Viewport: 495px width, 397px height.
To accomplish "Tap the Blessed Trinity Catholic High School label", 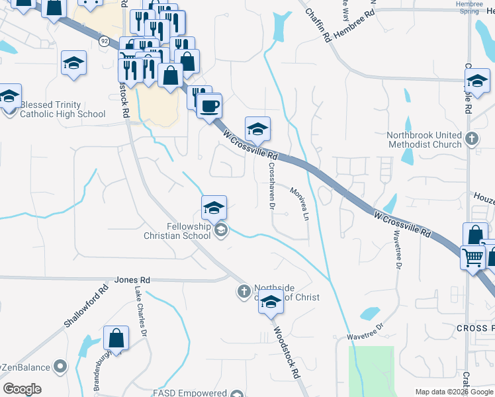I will click(x=63, y=109).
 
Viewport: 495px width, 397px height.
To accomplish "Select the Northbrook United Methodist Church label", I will click(x=424, y=140).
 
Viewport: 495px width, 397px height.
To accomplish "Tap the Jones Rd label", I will click(x=132, y=281).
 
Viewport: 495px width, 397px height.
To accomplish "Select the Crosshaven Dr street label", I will click(x=271, y=186).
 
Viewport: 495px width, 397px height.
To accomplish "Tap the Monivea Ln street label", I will click(x=300, y=203).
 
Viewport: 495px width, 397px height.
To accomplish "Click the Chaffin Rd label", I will click(x=318, y=26).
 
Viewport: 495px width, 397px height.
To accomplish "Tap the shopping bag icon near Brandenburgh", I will click(x=116, y=337).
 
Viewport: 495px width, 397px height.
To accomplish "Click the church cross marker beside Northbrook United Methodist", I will click(x=471, y=139).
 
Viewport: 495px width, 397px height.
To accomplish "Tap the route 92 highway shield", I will click(x=105, y=41).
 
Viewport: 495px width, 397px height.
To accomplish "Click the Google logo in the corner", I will click(x=22, y=389).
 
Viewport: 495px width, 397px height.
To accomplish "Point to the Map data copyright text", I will click(x=453, y=392).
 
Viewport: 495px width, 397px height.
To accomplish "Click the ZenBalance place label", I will click(x=29, y=367).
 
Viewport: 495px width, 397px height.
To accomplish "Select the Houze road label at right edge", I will click(x=483, y=197).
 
